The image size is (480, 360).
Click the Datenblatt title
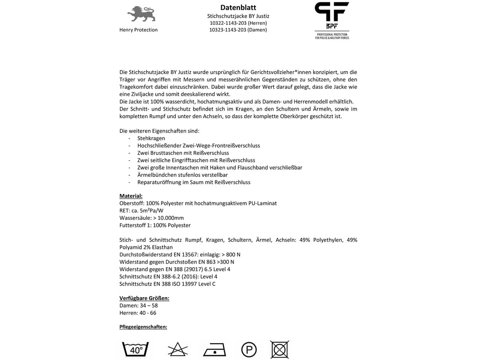pos(238,7)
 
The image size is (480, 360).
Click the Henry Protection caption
pos(139,30)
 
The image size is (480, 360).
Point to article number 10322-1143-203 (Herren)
pos(238,23)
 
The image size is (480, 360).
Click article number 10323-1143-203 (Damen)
pos(238,30)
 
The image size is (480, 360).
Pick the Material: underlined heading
pos(131,196)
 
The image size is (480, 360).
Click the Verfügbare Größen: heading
pos(144,298)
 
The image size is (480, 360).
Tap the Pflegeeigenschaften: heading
pos(143,327)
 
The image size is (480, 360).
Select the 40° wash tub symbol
pos(135,350)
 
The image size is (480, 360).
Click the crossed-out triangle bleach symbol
pos(179,350)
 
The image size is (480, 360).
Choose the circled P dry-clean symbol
pos(248,350)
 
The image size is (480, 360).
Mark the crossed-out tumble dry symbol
pos(279,350)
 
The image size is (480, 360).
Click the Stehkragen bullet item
pos(151,138)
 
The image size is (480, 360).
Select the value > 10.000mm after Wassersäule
pos(168,218)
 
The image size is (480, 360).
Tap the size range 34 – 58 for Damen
pos(149,305)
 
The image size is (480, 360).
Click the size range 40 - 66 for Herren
pos(149,313)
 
